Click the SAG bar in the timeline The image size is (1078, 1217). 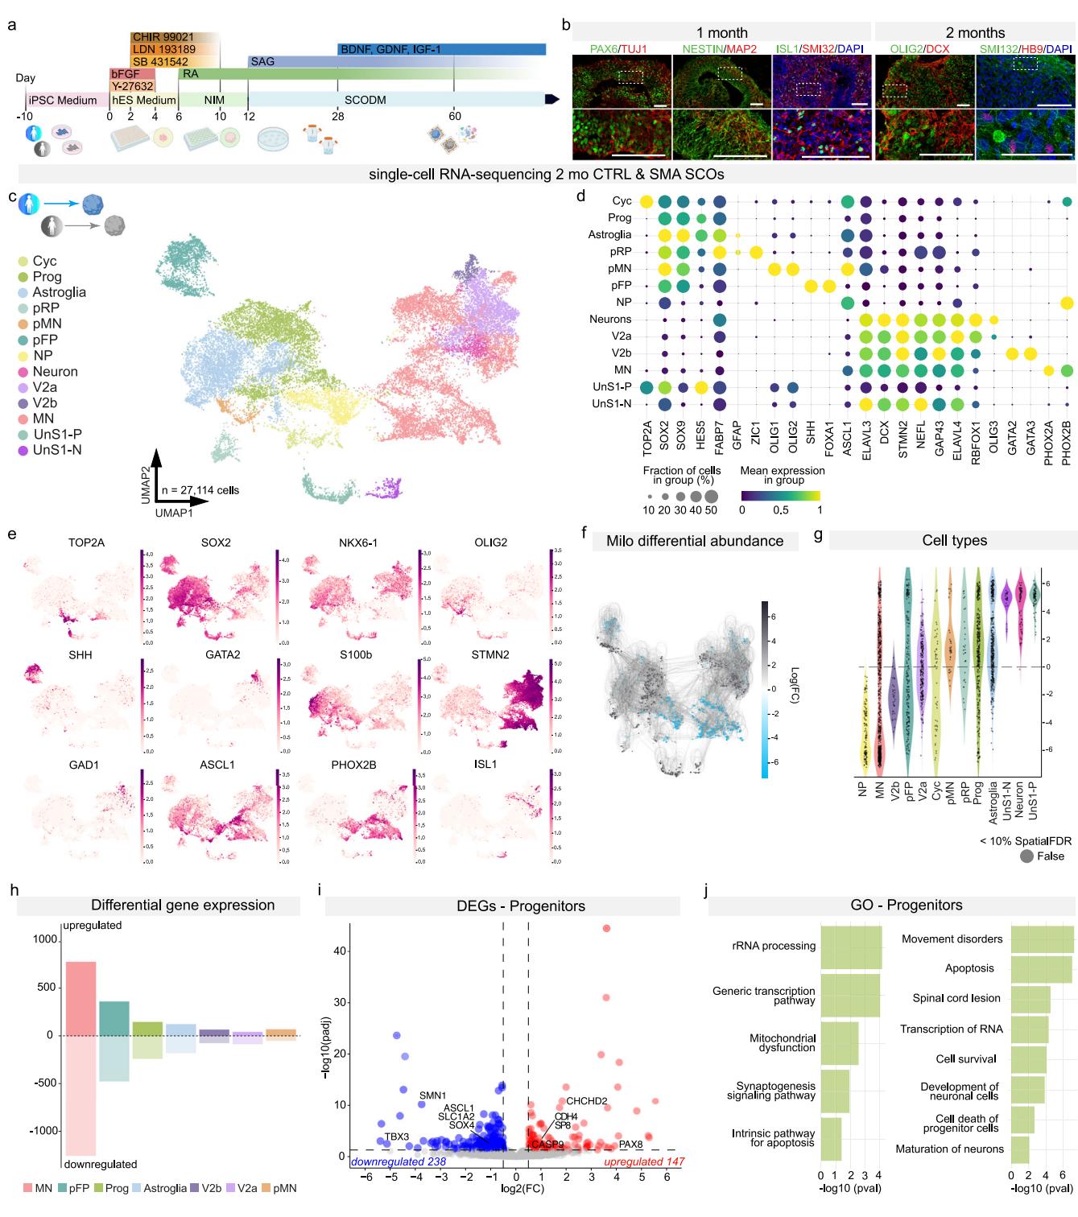290,61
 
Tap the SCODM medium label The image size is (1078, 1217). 366,100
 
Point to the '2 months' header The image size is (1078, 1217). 975,33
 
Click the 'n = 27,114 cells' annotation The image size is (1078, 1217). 200,489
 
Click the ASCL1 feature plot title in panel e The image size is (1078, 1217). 216,764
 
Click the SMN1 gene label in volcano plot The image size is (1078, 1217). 432,1095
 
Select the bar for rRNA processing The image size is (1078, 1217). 851,947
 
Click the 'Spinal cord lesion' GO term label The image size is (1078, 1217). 956,998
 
